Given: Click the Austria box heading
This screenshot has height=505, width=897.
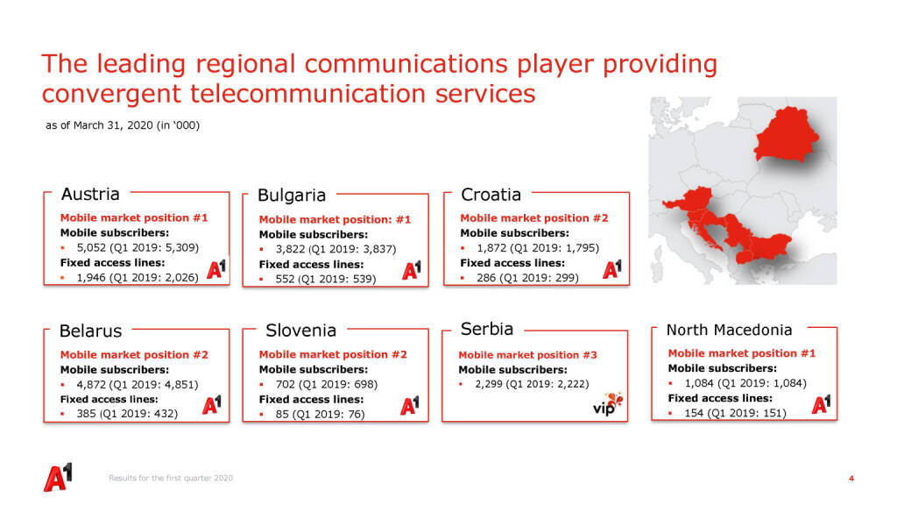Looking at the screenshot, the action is [90, 194].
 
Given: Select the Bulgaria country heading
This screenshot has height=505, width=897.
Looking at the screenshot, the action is [292, 196].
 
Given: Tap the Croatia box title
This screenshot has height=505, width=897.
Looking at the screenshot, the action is [491, 195].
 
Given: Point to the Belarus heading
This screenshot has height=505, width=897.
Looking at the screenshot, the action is [90, 331].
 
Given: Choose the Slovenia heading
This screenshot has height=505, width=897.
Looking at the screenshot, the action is [301, 331].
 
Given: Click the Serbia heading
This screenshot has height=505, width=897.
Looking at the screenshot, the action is [487, 330].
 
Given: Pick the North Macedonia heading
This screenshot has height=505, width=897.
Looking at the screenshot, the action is [730, 330].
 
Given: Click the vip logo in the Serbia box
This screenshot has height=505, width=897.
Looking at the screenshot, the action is [608, 403].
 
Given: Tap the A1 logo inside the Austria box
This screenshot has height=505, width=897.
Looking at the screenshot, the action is [216, 268].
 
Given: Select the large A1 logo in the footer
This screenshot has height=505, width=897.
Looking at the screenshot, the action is [58, 477].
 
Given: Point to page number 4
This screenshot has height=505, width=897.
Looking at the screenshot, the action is [851, 478].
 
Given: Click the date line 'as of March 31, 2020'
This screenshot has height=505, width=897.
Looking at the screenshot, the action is [100, 124].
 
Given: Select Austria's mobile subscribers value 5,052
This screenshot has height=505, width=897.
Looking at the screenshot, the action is [91, 247].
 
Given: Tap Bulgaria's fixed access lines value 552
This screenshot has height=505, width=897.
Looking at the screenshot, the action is [285, 279].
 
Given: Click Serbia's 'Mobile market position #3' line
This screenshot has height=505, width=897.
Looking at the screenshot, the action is [527, 355].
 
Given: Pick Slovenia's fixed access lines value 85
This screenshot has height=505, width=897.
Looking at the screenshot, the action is [282, 414].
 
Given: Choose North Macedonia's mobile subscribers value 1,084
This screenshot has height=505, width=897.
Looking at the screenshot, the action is [699, 383].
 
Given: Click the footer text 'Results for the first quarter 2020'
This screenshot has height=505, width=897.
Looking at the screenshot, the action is [171, 478].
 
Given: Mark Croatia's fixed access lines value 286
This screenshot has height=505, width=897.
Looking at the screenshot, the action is [486, 278].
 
